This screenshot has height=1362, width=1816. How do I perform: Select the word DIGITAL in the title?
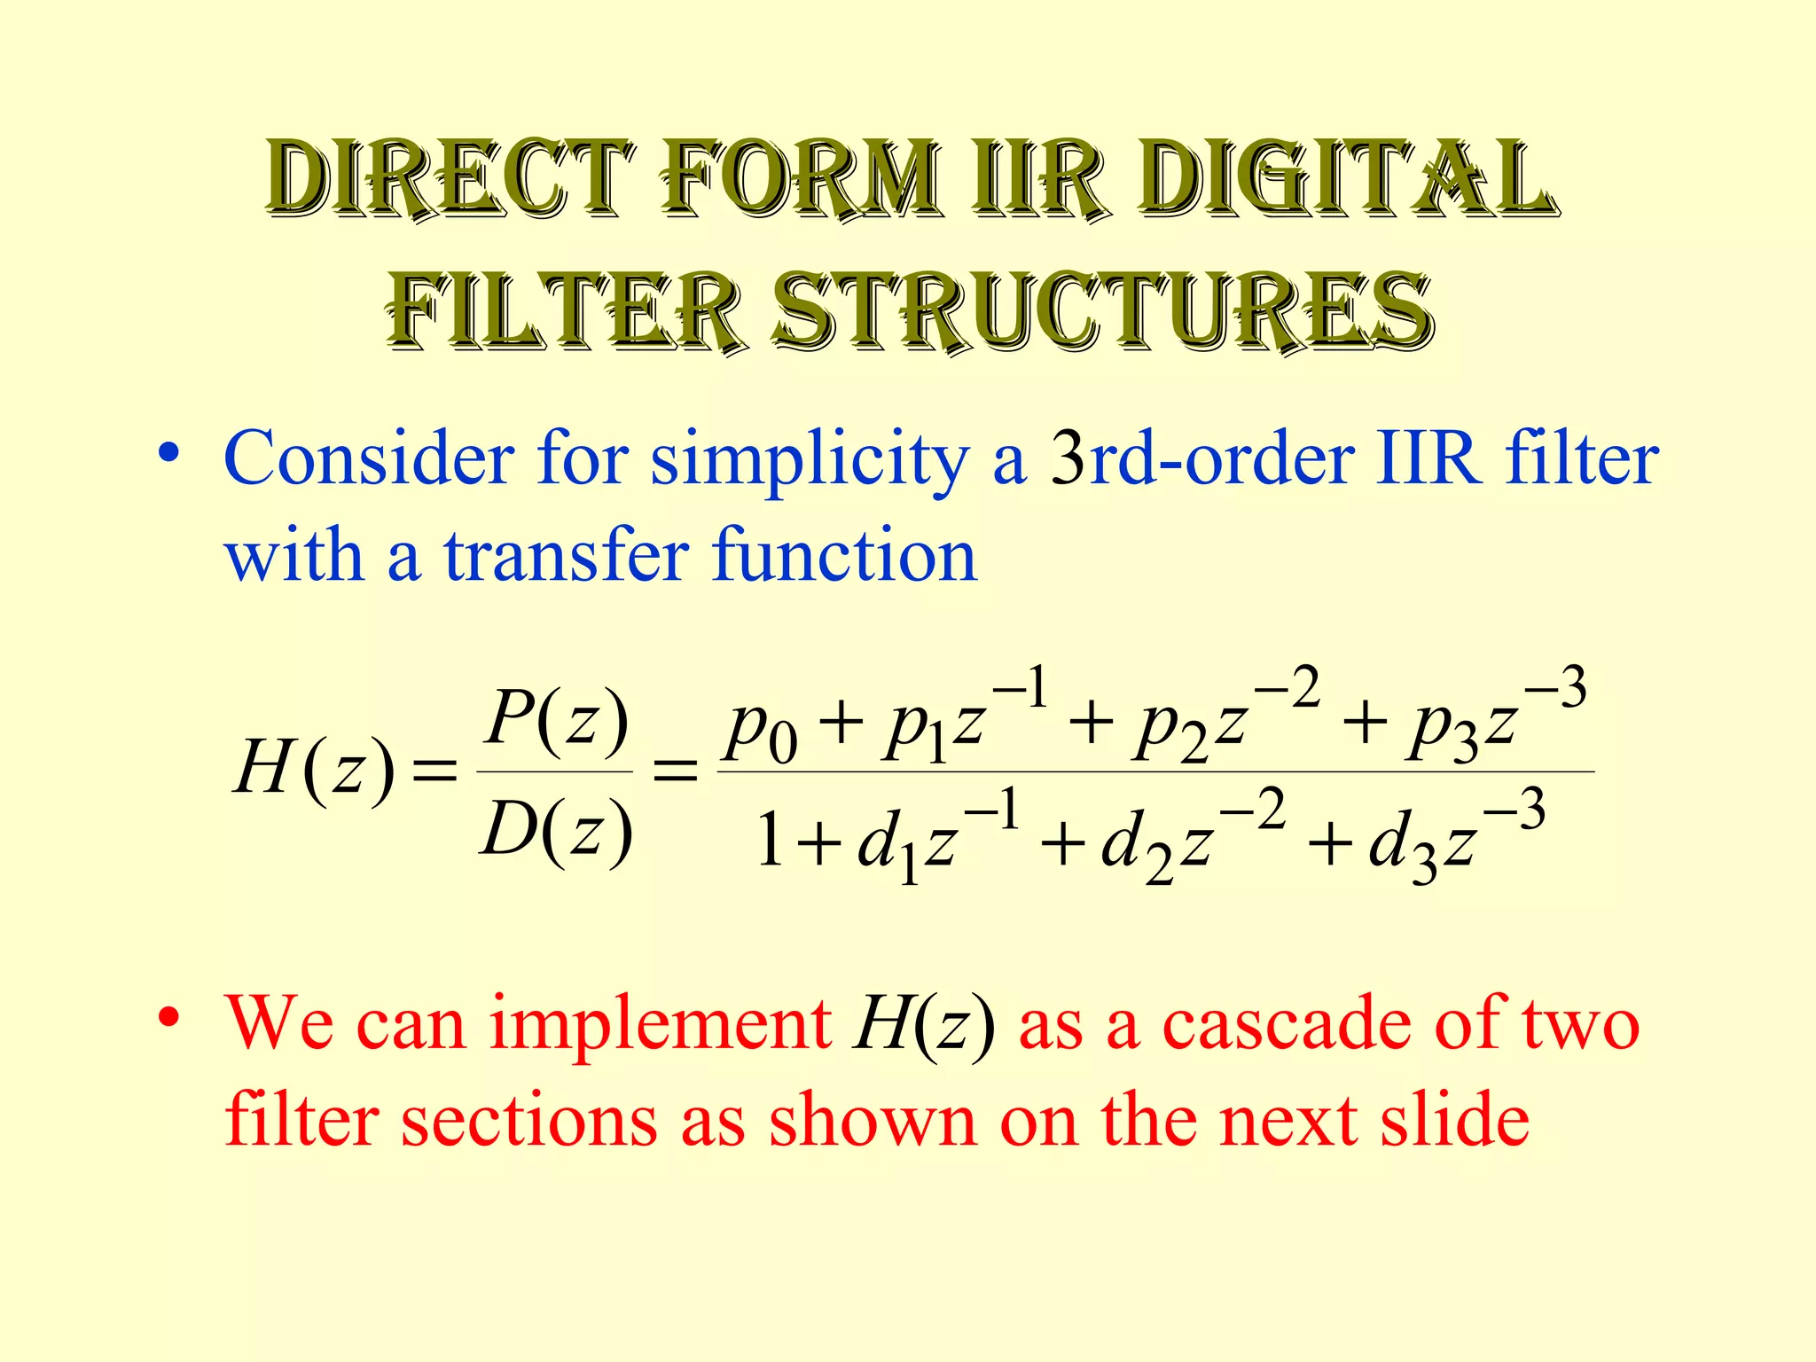[1348, 180]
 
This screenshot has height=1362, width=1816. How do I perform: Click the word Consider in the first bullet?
[368, 459]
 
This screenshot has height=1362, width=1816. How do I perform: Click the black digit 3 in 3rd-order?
[1068, 459]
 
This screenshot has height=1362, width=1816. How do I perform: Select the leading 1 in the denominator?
[769, 841]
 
